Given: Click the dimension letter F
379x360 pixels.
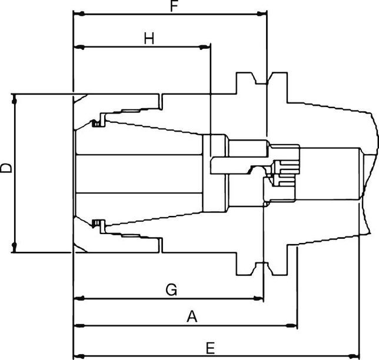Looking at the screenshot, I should pos(174,6).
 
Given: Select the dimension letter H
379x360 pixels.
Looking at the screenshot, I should pos(149,39).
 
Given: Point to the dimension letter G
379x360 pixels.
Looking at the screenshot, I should pos(171,289).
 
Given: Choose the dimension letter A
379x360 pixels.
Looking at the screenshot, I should pos(191,316).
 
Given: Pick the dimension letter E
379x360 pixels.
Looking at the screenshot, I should pos(210,348).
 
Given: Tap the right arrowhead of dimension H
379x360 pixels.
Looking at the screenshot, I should pos(207,46).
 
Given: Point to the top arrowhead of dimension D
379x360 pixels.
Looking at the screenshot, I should pos(15,97).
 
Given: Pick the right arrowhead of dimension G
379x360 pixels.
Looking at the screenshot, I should pos(260,298).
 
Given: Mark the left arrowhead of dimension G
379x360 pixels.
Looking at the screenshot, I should pos(77,298).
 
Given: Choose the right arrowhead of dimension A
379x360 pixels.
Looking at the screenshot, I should pos(292,325).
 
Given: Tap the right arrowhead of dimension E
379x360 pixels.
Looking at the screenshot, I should pos(355,355).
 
